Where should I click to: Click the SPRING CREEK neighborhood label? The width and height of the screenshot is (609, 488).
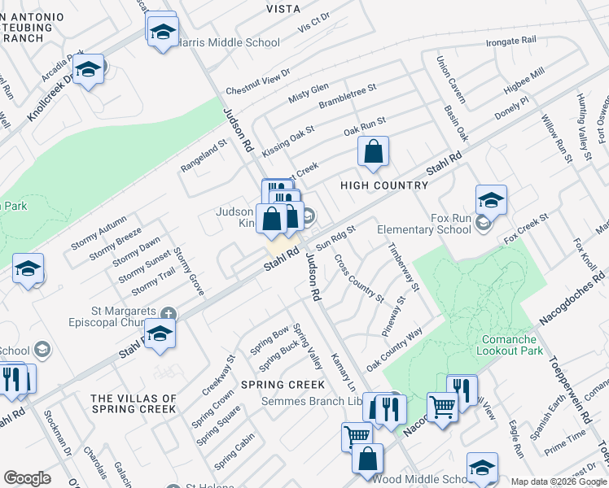tap(283, 384)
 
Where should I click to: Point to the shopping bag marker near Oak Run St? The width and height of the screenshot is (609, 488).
tap(373, 152)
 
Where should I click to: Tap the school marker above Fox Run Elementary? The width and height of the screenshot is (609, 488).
tap(492, 200)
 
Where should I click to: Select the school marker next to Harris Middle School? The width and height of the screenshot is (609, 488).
tap(163, 32)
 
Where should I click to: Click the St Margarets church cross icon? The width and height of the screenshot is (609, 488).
tap(169, 314)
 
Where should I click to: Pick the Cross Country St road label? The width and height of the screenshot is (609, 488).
tap(359, 277)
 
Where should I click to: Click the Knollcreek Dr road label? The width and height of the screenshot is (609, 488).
tap(50, 97)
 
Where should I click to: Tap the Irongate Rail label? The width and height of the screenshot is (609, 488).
tap(510, 41)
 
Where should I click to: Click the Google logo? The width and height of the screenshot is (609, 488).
tap(27, 478)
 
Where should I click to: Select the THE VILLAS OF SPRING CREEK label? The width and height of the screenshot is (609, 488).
tap(134, 403)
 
